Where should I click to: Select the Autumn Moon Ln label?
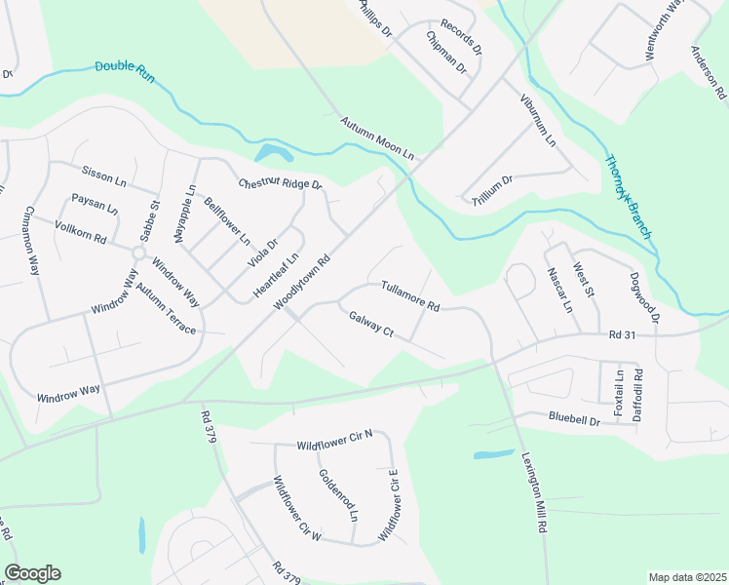tap(377, 139)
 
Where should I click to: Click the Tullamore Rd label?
tap(410, 293)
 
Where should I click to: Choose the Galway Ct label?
tap(370, 325)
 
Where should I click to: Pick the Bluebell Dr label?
tap(546, 420)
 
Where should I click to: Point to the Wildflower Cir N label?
tap(335, 445)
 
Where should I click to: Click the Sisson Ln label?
tap(104, 175)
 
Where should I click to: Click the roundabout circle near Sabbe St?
tap(139, 253)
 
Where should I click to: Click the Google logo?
tap(32, 573)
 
